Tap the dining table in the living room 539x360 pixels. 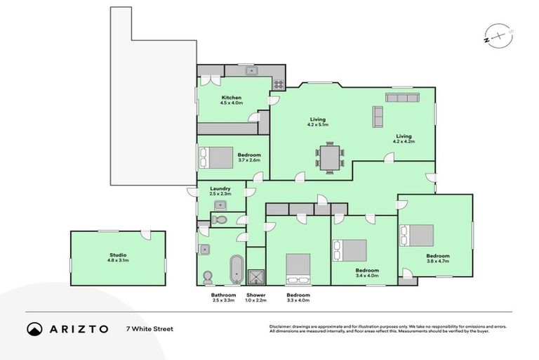329,157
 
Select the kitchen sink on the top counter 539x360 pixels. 250,71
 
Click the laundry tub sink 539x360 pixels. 220,205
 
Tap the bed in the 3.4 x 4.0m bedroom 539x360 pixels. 350,250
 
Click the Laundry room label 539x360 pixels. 220,188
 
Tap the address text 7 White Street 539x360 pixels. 149,329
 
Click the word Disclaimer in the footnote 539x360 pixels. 281,327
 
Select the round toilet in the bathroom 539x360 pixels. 207,276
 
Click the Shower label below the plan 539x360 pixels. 255,295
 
